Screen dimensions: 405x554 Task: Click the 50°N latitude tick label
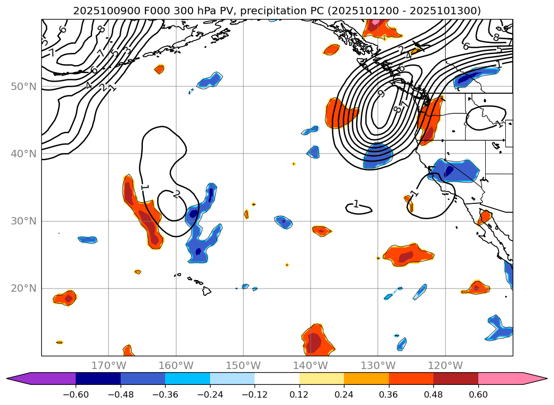tap(23, 86)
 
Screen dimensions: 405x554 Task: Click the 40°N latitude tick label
tap(23, 154)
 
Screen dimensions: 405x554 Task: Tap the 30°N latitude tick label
tap(23, 221)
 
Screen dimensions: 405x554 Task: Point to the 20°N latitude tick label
tap(23, 289)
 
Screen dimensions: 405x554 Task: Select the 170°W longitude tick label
tap(108, 365)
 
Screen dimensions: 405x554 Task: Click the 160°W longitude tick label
tap(176, 365)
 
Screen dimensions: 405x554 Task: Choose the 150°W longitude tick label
tap(243, 365)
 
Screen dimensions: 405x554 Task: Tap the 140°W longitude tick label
tap(311, 365)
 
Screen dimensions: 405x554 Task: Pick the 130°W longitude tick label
tap(378, 365)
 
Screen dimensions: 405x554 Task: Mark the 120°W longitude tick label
tap(445, 365)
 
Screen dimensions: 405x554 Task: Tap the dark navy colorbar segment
tap(98, 379)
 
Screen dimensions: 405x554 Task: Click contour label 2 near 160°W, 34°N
tap(177, 194)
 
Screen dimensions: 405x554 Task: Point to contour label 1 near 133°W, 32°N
tap(356, 204)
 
